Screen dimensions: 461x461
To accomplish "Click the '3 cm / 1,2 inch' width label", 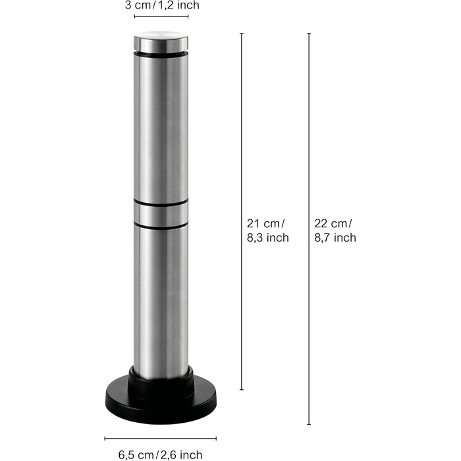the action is (162, 5).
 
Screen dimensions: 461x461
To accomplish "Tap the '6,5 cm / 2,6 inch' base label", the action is (160, 454).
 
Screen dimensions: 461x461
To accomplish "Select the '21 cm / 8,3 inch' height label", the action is (267, 230).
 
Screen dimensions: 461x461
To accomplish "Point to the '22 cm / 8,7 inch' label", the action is (335, 230).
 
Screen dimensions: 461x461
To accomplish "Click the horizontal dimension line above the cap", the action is (161, 16).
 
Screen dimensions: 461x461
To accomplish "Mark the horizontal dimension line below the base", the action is (161, 439).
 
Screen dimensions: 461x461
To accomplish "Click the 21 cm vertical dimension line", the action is (242, 211).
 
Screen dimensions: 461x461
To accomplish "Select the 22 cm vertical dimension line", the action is (309, 229).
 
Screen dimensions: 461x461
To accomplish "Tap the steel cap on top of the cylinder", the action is (161, 41).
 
